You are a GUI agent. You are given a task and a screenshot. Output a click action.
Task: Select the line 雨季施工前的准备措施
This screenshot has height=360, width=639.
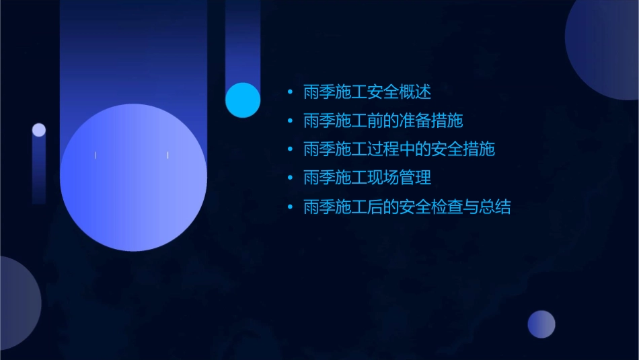pos(383,121)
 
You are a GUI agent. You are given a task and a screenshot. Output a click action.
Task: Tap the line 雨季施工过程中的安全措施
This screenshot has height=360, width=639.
pos(399,149)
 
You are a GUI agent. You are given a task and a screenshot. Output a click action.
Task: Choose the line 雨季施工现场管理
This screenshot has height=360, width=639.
pos(367,178)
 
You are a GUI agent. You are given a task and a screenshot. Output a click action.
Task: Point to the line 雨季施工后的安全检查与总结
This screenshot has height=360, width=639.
pos(407,207)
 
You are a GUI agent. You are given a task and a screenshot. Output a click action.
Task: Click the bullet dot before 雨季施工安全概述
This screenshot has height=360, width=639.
pos(289,92)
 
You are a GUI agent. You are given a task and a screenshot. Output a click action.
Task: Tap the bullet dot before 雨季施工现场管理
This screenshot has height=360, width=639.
pos(289,178)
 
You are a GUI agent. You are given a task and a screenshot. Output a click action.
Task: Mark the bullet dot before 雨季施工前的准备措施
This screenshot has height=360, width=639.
pos(289,121)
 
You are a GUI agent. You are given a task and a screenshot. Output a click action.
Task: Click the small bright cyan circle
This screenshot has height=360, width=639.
pos(243,100)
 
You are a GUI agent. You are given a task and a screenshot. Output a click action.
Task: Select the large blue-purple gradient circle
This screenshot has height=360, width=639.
pos(133,178)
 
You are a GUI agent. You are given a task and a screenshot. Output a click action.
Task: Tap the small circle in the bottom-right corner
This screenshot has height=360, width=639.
pos(541,324)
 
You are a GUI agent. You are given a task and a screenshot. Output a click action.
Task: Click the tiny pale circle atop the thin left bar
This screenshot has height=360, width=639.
pos(39,130)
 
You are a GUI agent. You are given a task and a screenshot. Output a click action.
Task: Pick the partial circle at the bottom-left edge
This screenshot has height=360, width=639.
pos(17,303)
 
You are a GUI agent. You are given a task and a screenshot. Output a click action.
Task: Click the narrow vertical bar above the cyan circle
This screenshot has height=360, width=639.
pos(243,40)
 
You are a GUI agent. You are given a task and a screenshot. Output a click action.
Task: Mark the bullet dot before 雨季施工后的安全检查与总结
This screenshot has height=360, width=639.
pos(289,207)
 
